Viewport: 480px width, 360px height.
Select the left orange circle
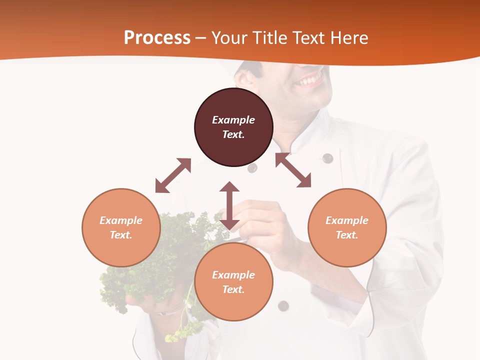click(x=121, y=227)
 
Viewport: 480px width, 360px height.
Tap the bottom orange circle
click(x=233, y=281)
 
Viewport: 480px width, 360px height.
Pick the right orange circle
click(x=347, y=227)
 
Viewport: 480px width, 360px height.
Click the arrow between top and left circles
click(x=173, y=175)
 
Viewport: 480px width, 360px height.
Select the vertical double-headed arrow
click(x=229, y=205)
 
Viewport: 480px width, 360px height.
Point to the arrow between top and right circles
click(x=293, y=170)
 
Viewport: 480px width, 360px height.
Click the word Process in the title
click(x=157, y=37)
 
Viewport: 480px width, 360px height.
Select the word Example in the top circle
click(x=233, y=120)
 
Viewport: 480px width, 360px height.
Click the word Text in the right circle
click(x=346, y=235)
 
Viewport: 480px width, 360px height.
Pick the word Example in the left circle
click(x=121, y=220)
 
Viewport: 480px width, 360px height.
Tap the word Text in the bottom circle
click(x=233, y=289)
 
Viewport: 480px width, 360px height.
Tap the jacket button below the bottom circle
click(x=283, y=305)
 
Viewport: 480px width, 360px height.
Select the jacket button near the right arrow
click(x=327, y=158)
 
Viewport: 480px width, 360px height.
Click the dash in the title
click(x=201, y=38)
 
